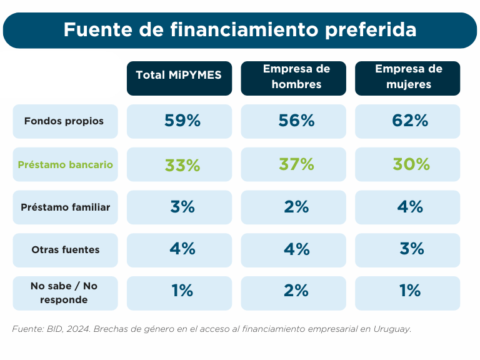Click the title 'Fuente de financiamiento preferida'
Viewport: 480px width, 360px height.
coord(240,30)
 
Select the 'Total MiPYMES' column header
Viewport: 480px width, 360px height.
coord(179,76)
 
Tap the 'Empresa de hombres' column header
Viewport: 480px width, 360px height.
coord(293,77)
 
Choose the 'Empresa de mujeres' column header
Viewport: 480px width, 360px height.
coord(407,77)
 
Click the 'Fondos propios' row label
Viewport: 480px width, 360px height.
coord(64,121)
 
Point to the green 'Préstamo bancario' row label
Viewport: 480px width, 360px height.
coord(66,164)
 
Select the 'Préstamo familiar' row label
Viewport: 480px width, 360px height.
coord(65,207)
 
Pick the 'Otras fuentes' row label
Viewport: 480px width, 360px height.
coord(65,250)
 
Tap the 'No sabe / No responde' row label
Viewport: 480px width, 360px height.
coord(65,292)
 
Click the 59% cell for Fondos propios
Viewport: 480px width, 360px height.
coord(182,121)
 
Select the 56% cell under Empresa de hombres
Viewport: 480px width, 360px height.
coord(296,121)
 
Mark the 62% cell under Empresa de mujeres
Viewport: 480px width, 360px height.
coord(410,121)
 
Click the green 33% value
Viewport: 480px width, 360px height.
coord(182,165)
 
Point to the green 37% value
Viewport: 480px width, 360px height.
coord(296,165)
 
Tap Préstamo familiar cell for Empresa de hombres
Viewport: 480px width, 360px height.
coord(296,207)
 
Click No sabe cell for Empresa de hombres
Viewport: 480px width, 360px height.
coord(296,292)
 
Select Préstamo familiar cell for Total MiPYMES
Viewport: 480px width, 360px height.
coord(182,207)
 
